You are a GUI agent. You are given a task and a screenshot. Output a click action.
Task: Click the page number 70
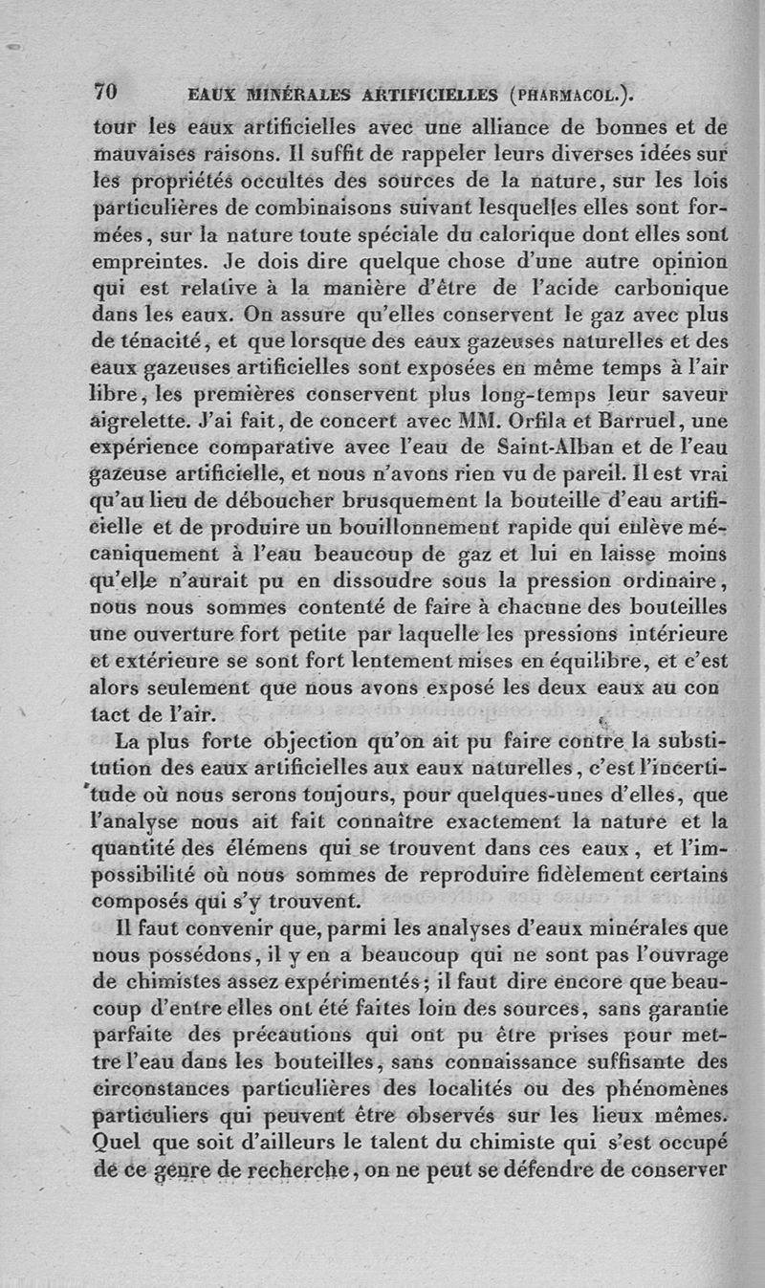click(104, 92)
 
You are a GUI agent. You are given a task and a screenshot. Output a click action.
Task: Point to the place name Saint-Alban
click(556, 447)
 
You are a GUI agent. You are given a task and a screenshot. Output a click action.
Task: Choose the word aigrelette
click(144, 420)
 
